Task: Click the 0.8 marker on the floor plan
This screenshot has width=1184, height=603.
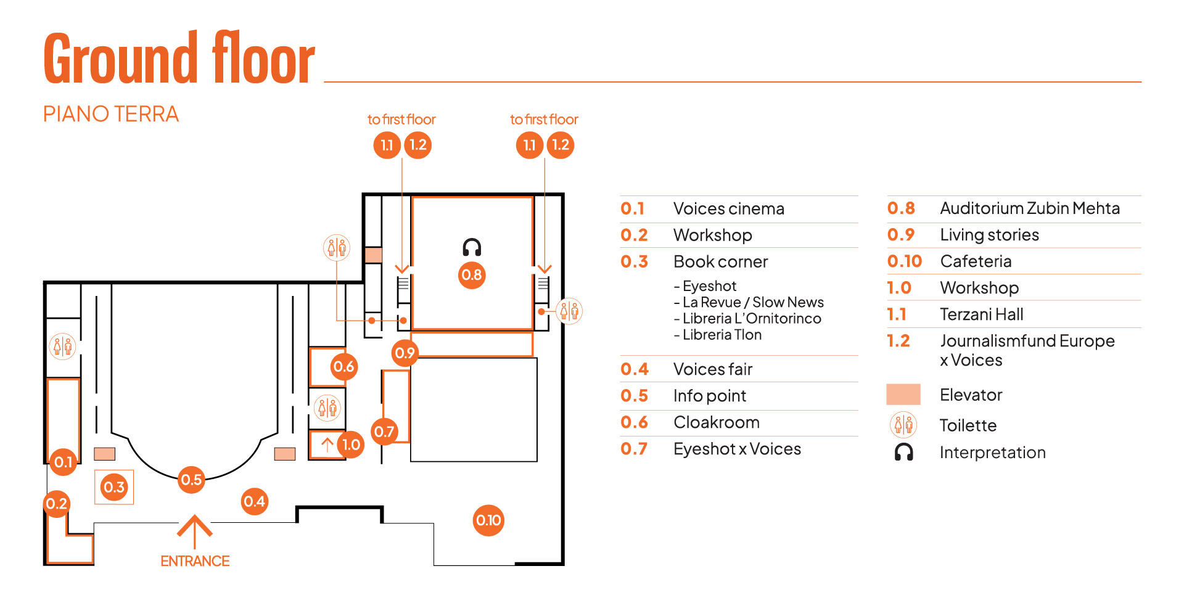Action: coord(472,275)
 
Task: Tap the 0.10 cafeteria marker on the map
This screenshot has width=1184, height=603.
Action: coord(488,520)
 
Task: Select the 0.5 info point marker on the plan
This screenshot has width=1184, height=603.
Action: coord(191,480)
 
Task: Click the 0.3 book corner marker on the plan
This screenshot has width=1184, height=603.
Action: coord(114,487)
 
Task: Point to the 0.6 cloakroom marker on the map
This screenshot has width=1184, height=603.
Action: coord(343,367)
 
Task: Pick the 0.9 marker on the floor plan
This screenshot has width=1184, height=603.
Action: coord(405,353)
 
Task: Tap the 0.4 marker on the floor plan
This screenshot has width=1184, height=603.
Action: coord(254,501)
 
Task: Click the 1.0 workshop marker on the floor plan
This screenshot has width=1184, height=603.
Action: coord(351,445)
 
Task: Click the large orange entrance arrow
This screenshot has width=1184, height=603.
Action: coord(195,530)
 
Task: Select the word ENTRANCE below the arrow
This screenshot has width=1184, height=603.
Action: coord(195,561)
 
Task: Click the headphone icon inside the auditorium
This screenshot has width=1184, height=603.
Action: coord(472,247)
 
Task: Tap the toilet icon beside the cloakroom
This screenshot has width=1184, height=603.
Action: coord(327,408)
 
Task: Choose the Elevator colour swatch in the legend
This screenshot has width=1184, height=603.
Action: coord(903,395)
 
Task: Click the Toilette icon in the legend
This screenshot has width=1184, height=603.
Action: coord(903,425)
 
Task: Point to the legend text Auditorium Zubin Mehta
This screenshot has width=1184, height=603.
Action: coord(1029,208)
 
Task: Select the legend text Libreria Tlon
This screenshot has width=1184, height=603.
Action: coord(721,335)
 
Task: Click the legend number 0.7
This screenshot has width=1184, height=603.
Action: coord(634,449)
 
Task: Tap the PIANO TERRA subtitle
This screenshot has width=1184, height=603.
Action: coord(111,114)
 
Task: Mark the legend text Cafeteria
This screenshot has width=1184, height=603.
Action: coord(976,261)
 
